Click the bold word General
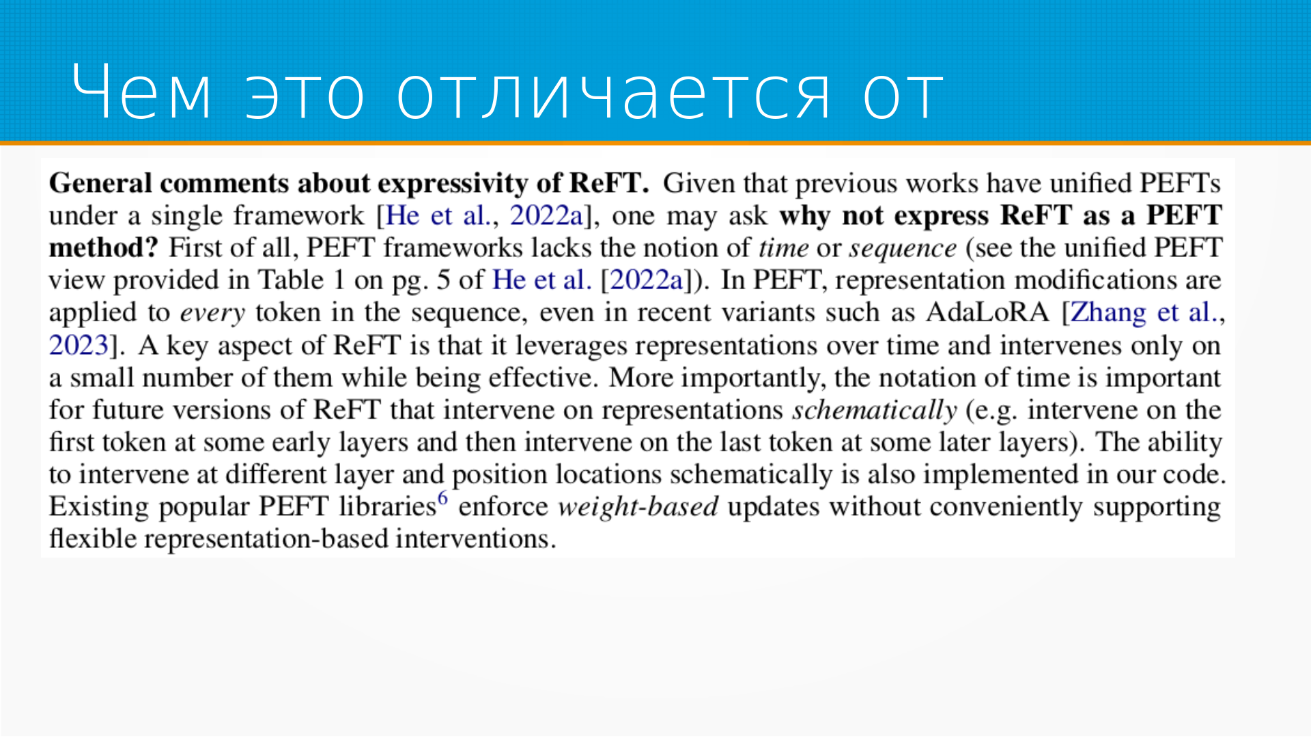(x=100, y=183)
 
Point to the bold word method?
(x=103, y=247)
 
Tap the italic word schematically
(x=874, y=410)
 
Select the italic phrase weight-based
(x=638, y=507)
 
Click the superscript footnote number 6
(x=443, y=497)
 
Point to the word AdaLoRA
(x=987, y=312)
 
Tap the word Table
(x=291, y=280)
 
